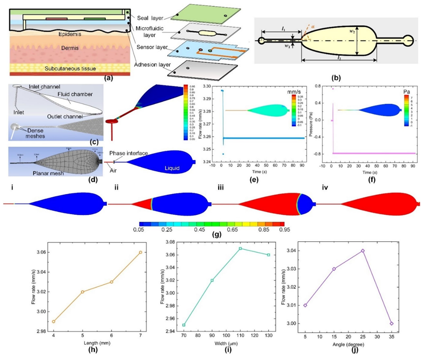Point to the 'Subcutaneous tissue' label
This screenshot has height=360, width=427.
point(67,68)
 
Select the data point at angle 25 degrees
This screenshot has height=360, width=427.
point(363,251)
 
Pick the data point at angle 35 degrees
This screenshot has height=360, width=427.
point(391,323)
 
